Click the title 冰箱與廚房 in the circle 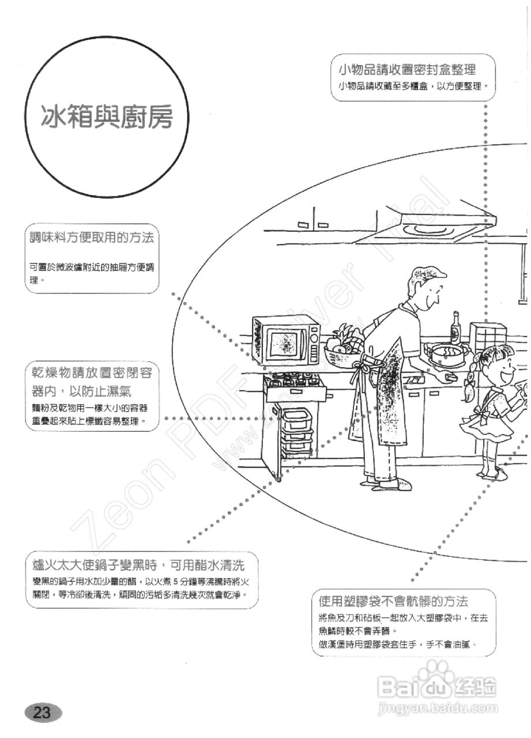click(x=107, y=118)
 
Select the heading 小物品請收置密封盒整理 click(x=407, y=70)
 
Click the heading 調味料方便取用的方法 click(x=92, y=238)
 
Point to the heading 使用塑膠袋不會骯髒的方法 click(x=393, y=602)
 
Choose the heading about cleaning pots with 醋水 click(x=141, y=562)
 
